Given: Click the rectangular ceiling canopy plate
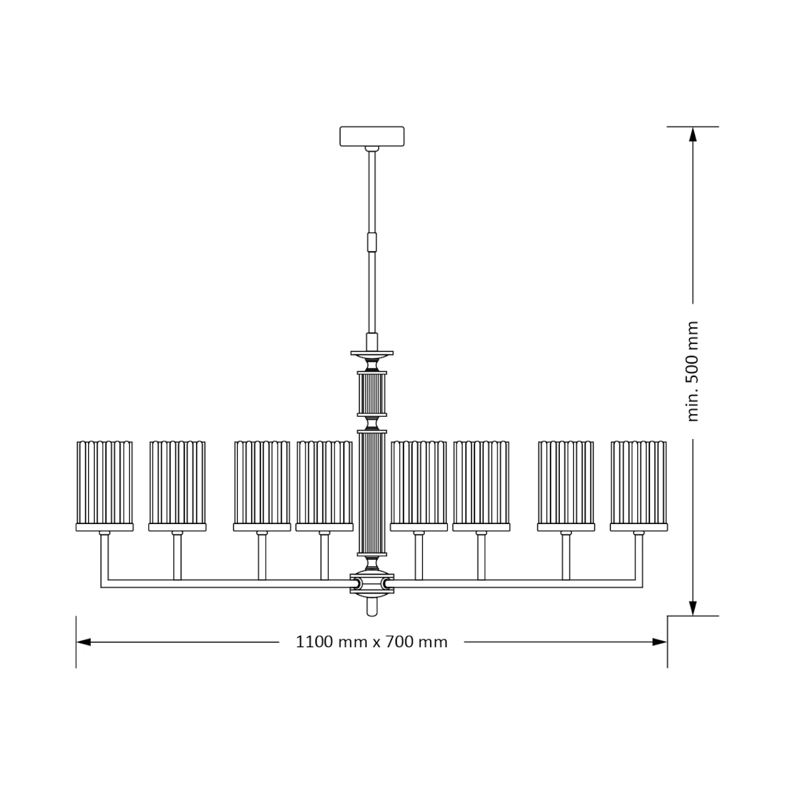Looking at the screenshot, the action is [x=372, y=136].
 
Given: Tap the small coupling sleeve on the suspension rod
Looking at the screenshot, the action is [x=372, y=242].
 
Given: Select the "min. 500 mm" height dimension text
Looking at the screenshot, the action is [x=693, y=371].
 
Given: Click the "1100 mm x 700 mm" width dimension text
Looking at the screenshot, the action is [x=371, y=643].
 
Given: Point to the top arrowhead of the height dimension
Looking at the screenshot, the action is [x=693, y=134].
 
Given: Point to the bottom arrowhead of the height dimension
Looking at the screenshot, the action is [x=693, y=608].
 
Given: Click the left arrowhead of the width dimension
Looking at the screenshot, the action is [x=83, y=642].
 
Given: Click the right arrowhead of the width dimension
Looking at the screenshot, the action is [x=659, y=642].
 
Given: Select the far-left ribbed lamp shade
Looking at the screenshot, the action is [x=105, y=483].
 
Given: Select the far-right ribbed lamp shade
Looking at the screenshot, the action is [x=639, y=483].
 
